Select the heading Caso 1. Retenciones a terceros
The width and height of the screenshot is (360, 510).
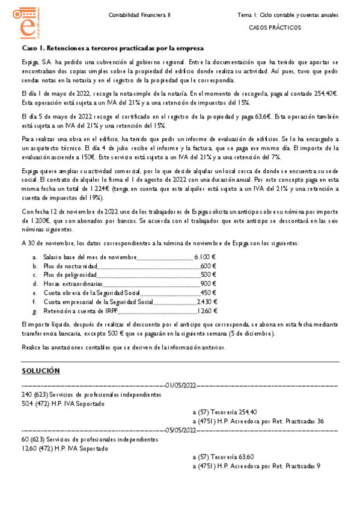pyautogui.click(x=113, y=48)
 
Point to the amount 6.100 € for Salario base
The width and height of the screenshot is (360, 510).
pyautogui.click(x=205, y=257)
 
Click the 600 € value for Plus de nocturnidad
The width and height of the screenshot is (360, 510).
pyautogui.click(x=208, y=266)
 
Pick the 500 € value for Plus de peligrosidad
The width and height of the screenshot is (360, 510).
pyautogui.click(x=208, y=274)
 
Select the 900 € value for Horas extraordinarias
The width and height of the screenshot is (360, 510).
pyautogui.click(x=208, y=283)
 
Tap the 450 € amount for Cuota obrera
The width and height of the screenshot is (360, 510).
pyautogui.click(x=208, y=293)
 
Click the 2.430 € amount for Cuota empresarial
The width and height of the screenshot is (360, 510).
pyautogui.click(x=207, y=302)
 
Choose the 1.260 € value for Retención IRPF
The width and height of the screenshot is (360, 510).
pyautogui.click(x=207, y=311)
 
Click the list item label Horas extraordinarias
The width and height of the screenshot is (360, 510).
pyautogui.click(x=65, y=283)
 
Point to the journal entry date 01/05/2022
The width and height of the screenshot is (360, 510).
pyautogui.click(x=182, y=385)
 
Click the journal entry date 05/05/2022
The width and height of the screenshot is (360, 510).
pyautogui.click(x=182, y=431)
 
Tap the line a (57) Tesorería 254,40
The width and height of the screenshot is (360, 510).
pyautogui.click(x=225, y=413)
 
